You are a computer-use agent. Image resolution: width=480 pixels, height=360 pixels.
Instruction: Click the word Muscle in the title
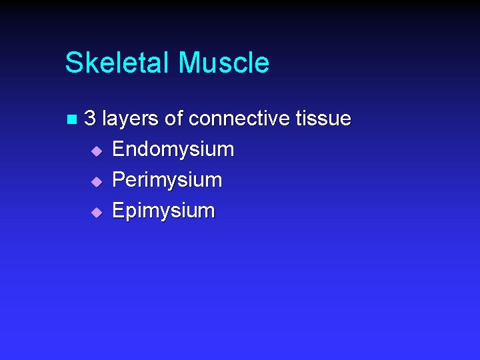point(223,63)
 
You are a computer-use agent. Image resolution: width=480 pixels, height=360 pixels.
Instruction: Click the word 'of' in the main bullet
point(173,119)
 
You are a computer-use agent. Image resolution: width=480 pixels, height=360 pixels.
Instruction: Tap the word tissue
point(323,119)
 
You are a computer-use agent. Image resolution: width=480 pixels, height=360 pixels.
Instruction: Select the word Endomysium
point(173,149)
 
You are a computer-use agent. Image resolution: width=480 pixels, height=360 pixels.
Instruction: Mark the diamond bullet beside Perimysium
point(97,181)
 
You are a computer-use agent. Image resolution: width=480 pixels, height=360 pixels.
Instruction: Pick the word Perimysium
point(167,180)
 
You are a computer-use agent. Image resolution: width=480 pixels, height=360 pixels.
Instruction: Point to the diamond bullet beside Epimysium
point(97,212)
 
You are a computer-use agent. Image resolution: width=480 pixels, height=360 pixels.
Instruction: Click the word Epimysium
point(163,211)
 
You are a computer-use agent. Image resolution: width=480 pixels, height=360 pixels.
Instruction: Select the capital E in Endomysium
point(119,149)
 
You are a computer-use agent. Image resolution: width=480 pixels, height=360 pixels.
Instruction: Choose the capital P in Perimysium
point(119,179)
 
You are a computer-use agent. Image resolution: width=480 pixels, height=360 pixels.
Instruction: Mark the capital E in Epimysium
point(119,210)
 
